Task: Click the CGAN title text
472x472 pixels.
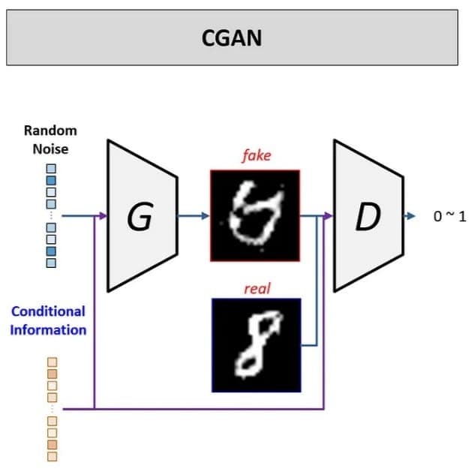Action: click(x=232, y=38)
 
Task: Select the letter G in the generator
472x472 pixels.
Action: click(x=140, y=218)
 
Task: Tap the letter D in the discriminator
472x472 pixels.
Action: click(x=368, y=217)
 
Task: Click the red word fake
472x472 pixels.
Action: click(x=255, y=156)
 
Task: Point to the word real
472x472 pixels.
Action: click(x=256, y=288)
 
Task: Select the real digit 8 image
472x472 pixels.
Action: click(x=256, y=344)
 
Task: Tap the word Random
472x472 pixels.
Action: click(x=50, y=131)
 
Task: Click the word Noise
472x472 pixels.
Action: click(x=50, y=149)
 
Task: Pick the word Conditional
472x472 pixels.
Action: click(x=48, y=311)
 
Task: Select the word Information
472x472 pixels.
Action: click(x=48, y=329)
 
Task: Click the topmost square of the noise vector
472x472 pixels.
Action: click(x=51, y=169)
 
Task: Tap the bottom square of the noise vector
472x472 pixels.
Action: click(x=51, y=263)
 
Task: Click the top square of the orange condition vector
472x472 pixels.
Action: click(x=53, y=361)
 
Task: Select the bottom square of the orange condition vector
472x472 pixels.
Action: click(x=53, y=455)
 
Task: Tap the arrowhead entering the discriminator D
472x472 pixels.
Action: click(x=328, y=217)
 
